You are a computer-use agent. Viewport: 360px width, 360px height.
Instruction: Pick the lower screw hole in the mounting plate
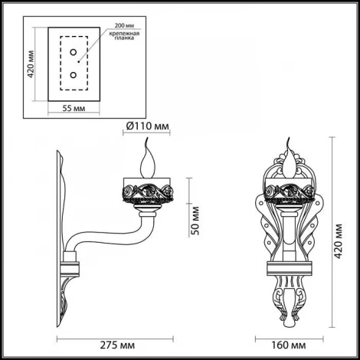coord(74,75)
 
